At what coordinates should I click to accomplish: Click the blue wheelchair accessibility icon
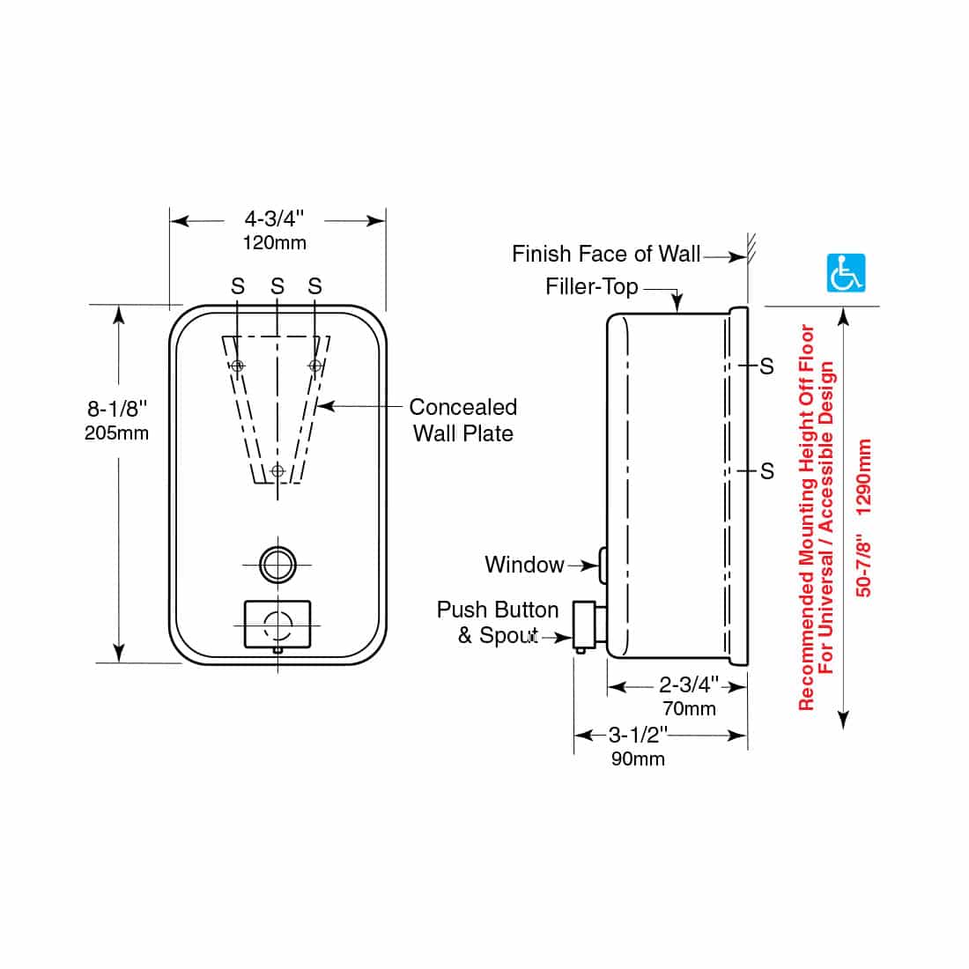click(846, 272)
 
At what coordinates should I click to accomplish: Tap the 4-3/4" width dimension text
click(274, 218)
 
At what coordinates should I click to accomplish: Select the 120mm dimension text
click(274, 243)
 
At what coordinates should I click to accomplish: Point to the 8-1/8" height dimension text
click(117, 409)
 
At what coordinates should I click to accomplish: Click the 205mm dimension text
click(117, 433)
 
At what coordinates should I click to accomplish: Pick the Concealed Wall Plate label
click(462, 420)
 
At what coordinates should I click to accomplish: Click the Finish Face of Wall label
click(606, 254)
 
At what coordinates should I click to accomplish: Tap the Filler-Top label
click(591, 287)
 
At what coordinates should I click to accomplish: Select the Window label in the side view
click(524, 564)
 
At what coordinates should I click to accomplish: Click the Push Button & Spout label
click(498, 622)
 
